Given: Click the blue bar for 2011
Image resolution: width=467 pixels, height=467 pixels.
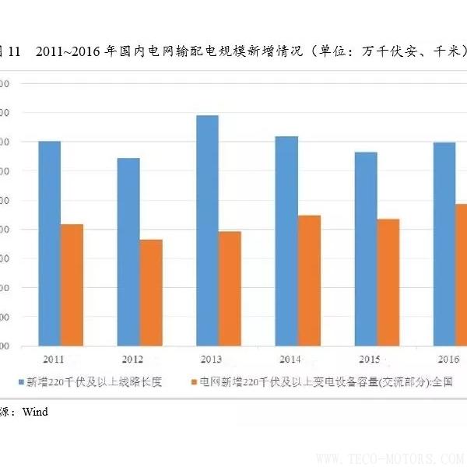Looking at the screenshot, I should point(50,244).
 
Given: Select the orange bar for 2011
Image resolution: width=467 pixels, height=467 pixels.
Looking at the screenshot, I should point(72,285).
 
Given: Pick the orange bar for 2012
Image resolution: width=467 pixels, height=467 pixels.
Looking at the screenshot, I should point(151,293).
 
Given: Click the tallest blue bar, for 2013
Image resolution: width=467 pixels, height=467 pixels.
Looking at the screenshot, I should point(207,230).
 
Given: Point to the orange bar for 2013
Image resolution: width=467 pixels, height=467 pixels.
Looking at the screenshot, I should point(230,288).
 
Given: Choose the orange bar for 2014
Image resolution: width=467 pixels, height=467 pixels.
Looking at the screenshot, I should point(309,280).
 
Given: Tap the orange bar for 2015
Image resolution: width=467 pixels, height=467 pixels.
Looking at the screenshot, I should point(388,283).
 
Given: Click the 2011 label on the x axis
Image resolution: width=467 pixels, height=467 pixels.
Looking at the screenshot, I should point(54,360).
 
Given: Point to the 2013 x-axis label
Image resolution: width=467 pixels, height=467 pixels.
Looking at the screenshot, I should point(212,360).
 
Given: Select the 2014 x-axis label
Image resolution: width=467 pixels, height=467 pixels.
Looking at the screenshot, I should point(290,360).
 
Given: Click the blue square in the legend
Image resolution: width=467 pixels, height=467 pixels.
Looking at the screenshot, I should point(23,382).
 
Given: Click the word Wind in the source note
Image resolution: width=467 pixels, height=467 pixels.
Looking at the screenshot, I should point(34,412).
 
